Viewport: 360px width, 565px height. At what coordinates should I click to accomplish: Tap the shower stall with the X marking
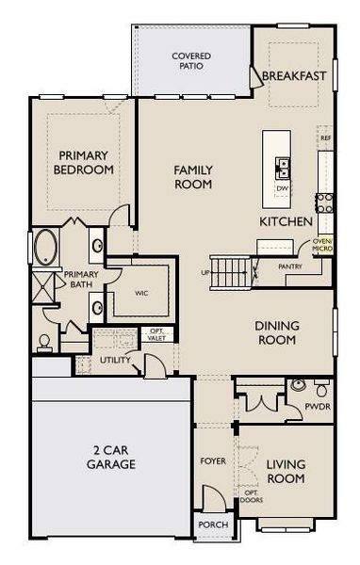pyautogui.click(x=43, y=285)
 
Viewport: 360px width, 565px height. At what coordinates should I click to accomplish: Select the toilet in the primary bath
pyautogui.click(x=43, y=342)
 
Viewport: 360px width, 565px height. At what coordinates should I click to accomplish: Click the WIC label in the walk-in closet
pyautogui.click(x=141, y=294)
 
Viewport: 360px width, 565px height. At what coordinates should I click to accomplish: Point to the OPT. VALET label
pyautogui.click(x=155, y=334)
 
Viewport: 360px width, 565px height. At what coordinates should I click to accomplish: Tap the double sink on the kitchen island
pyautogui.click(x=282, y=169)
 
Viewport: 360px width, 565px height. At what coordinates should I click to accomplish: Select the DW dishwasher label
pyautogui.click(x=282, y=188)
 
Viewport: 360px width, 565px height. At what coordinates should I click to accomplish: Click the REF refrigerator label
pyautogui.click(x=325, y=138)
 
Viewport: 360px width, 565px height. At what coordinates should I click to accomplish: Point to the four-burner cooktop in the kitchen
pyautogui.click(x=325, y=201)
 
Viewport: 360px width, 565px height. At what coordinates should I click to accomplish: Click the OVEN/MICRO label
pyautogui.click(x=323, y=246)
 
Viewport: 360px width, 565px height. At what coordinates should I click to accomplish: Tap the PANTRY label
pyautogui.click(x=290, y=267)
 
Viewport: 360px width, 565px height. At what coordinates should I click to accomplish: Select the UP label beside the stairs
pyautogui.click(x=205, y=273)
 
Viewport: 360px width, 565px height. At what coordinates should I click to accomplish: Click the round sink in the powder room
pyautogui.click(x=298, y=384)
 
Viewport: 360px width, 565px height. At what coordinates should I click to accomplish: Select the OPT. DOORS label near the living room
pyautogui.click(x=251, y=497)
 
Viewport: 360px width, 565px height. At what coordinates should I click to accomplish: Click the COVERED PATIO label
pyautogui.click(x=191, y=61)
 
